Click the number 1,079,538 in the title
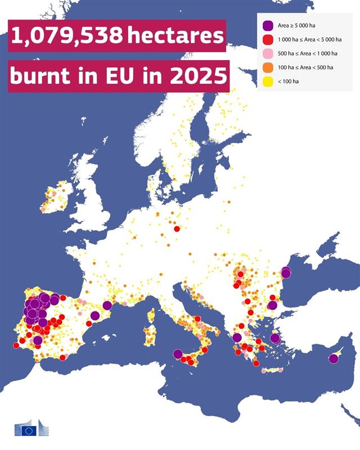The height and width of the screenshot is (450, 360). [x=67, y=37]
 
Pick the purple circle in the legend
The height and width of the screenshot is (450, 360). [x=268, y=25]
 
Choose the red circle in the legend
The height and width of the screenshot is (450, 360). [x=268, y=39]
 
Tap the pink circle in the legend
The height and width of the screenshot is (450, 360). [x=268, y=53]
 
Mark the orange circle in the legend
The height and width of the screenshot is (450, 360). [x=268, y=67]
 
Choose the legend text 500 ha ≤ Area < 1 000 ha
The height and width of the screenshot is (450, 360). [x=308, y=53]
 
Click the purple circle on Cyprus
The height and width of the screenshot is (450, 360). [x=334, y=358]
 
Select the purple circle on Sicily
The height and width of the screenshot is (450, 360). [x=178, y=354]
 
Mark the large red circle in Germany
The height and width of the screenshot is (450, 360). [x=177, y=229]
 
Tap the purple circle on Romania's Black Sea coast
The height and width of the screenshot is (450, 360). [x=286, y=273]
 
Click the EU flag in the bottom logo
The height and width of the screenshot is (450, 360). [x=29, y=430]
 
